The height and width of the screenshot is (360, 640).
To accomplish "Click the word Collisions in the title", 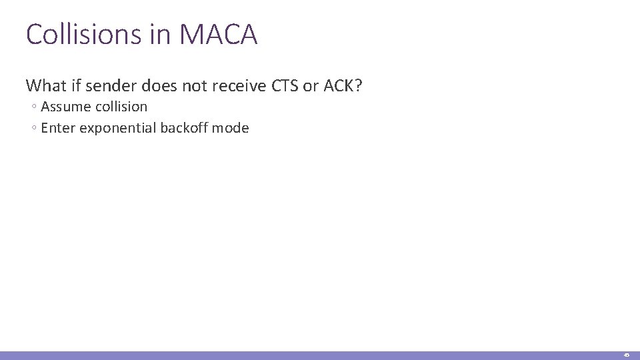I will tap(81, 35).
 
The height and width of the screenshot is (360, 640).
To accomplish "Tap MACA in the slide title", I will tap(219, 35).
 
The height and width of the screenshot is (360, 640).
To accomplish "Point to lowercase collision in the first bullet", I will tap(121, 107).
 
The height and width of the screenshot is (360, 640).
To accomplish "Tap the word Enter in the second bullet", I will tap(58, 128).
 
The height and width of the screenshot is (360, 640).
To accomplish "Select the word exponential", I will tap(117, 128).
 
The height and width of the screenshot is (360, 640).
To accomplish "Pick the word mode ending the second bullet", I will tap(231, 128).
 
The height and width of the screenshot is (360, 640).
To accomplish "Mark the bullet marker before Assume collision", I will tap(34, 107).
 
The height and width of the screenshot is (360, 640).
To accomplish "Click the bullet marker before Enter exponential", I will tap(34, 129).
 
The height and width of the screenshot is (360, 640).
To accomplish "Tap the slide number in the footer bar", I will tap(627, 355).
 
